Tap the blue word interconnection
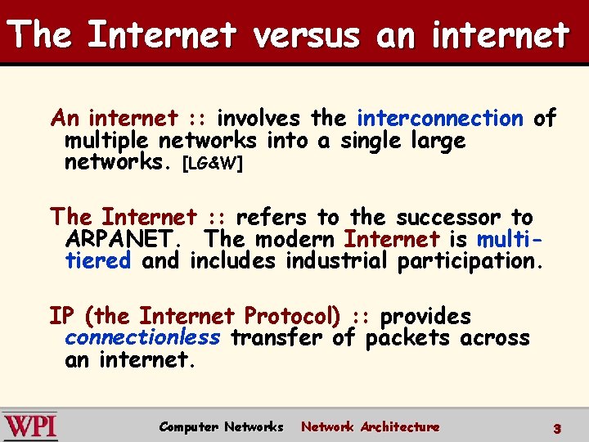tap(440, 119)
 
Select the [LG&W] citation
tap(212, 163)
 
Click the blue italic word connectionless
tap(142, 338)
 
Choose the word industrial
tap(337, 261)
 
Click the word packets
tap(407, 338)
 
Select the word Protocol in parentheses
tap(292, 316)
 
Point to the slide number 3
tap(556, 428)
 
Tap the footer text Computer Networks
tap(221, 427)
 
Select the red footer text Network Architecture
tap(370, 427)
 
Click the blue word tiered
tap(98, 261)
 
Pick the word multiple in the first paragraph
tap(108, 141)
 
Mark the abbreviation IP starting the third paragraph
tap(63, 316)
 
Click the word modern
tap(294, 240)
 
